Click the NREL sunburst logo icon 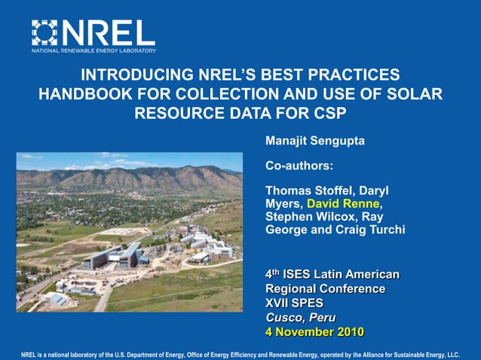[44, 33]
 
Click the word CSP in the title [331, 114]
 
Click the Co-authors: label [299, 165]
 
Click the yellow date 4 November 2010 [314, 331]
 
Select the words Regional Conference [325, 288]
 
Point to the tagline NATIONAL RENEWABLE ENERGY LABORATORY [93, 50]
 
